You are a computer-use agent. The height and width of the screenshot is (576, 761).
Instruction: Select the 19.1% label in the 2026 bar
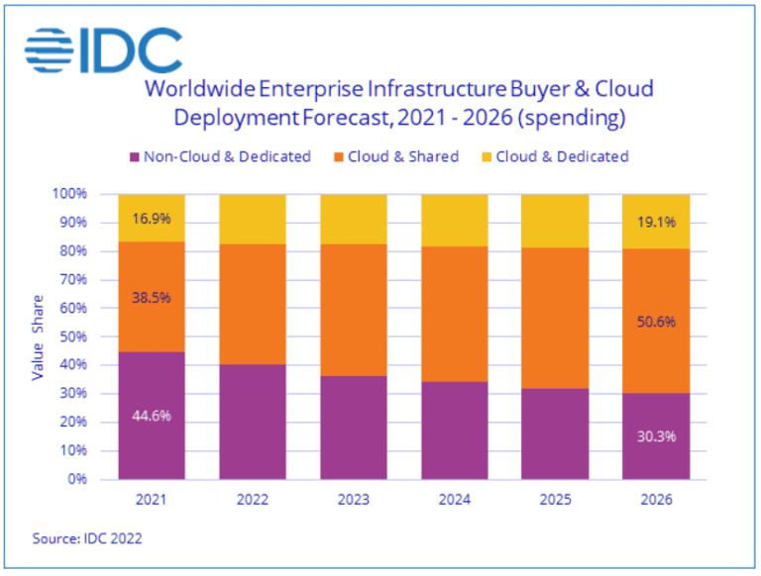tap(656, 222)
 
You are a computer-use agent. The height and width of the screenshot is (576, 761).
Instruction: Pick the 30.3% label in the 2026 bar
tap(656, 435)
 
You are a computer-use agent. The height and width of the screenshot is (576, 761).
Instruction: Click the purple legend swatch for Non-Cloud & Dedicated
tap(134, 156)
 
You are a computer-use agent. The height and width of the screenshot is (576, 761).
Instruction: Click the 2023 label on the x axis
tap(353, 500)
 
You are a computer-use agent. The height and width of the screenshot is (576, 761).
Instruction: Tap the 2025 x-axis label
tap(555, 500)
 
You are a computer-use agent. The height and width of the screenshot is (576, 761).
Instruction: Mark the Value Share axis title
tap(39, 336)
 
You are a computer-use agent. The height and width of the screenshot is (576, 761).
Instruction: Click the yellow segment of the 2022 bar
tap(253, 219)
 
